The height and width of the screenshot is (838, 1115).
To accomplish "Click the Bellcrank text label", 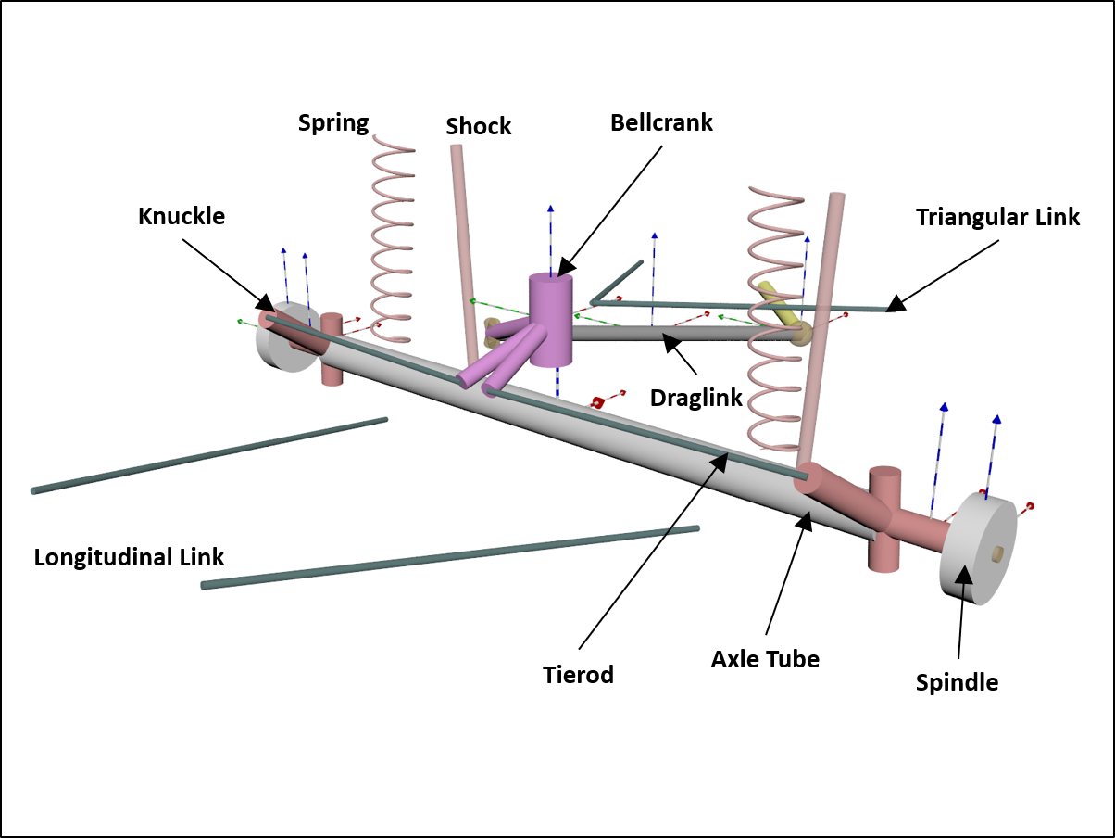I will pos(661,122).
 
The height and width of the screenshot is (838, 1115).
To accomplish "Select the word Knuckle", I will pos(182,216).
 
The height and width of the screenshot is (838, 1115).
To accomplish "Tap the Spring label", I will pos(333,122).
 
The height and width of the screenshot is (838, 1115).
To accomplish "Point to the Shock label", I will pos(479,126).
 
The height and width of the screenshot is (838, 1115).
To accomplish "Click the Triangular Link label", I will pos(997,217).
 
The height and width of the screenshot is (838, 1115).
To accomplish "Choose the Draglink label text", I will pos(696,398).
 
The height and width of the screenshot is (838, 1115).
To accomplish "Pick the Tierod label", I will pos(578,674).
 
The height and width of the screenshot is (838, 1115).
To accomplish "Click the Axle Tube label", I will pos(765,659).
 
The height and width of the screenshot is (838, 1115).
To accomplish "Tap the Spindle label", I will pos(957,682).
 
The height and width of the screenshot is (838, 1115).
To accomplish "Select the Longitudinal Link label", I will pos(129,557).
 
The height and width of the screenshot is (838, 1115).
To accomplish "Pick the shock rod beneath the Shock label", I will pos(464,250).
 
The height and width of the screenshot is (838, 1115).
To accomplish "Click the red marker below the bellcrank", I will pos(598,402).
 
